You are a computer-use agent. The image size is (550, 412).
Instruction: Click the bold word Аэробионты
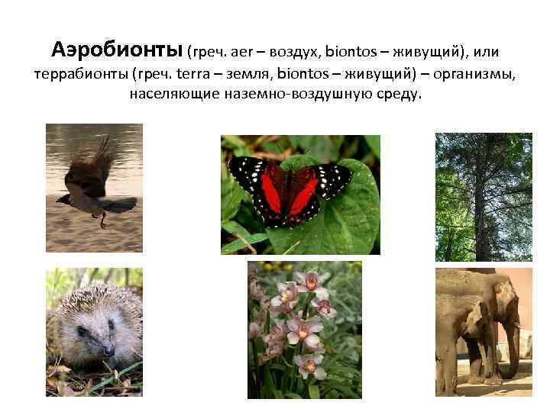coord(118,51)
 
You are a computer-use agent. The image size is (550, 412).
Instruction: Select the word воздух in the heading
coord(292,52)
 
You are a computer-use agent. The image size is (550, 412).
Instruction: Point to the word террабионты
coord(81,76)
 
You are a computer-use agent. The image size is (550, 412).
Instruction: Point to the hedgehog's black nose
coord(107,348)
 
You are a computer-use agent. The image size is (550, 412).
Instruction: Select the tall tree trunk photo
coord(484,198)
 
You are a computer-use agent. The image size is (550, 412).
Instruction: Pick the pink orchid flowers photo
coord(305,329)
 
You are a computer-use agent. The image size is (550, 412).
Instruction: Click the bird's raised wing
coord(102,156)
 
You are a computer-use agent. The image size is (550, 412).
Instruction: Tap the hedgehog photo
coord(94,331)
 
